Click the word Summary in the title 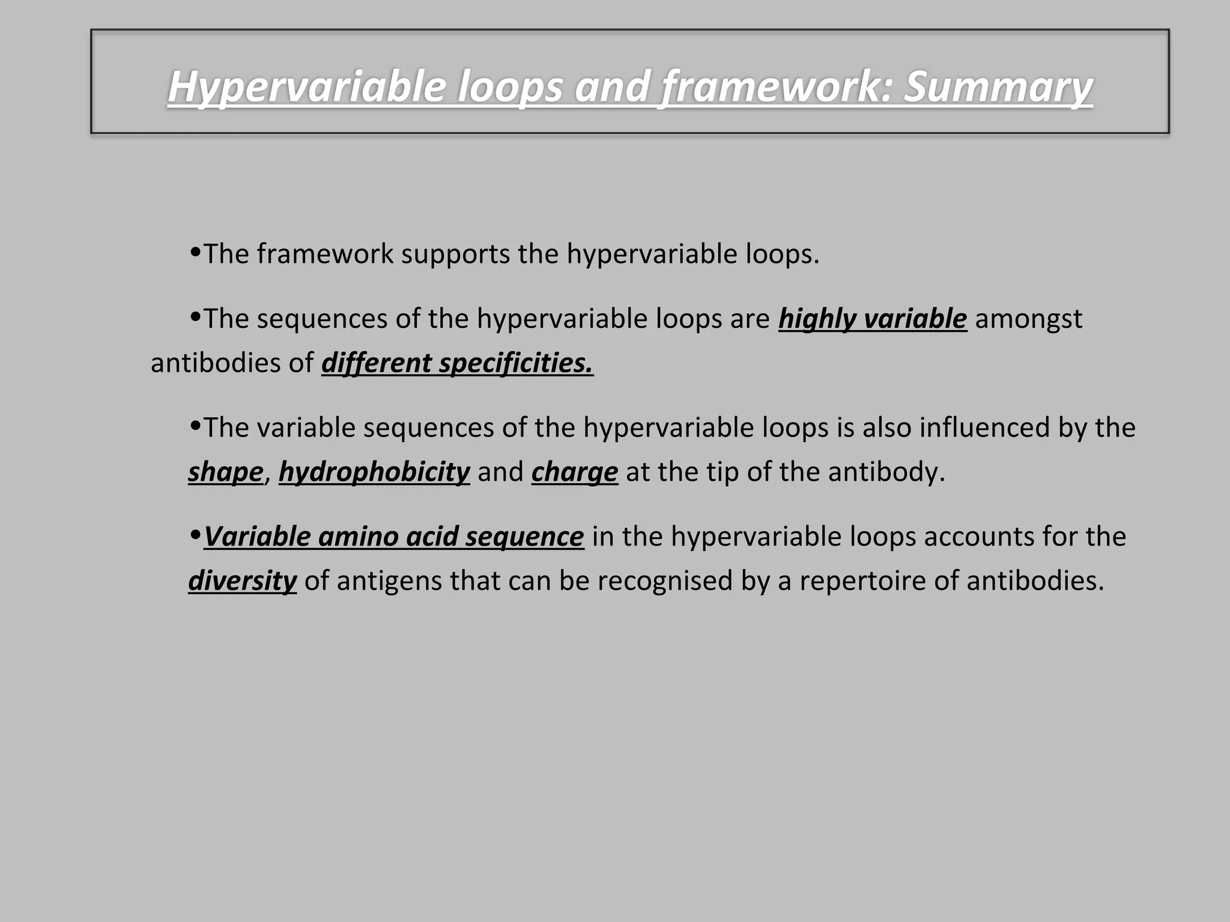(x=998, y=87)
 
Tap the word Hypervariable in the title (x=306, y=87)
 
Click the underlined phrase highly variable (x=872, y=319)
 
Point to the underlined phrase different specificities (x=457, y=363)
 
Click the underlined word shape (x=225, y=472)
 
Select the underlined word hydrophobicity (x=374, y=472)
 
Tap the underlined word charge (x=574, y=472)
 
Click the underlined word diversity (x=242, y=581)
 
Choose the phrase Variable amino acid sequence (x=393, y=537)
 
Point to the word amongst (x=1028, y=319)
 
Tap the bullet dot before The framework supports (x=195, y=252)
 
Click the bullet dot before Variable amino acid (x=195, y=534)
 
